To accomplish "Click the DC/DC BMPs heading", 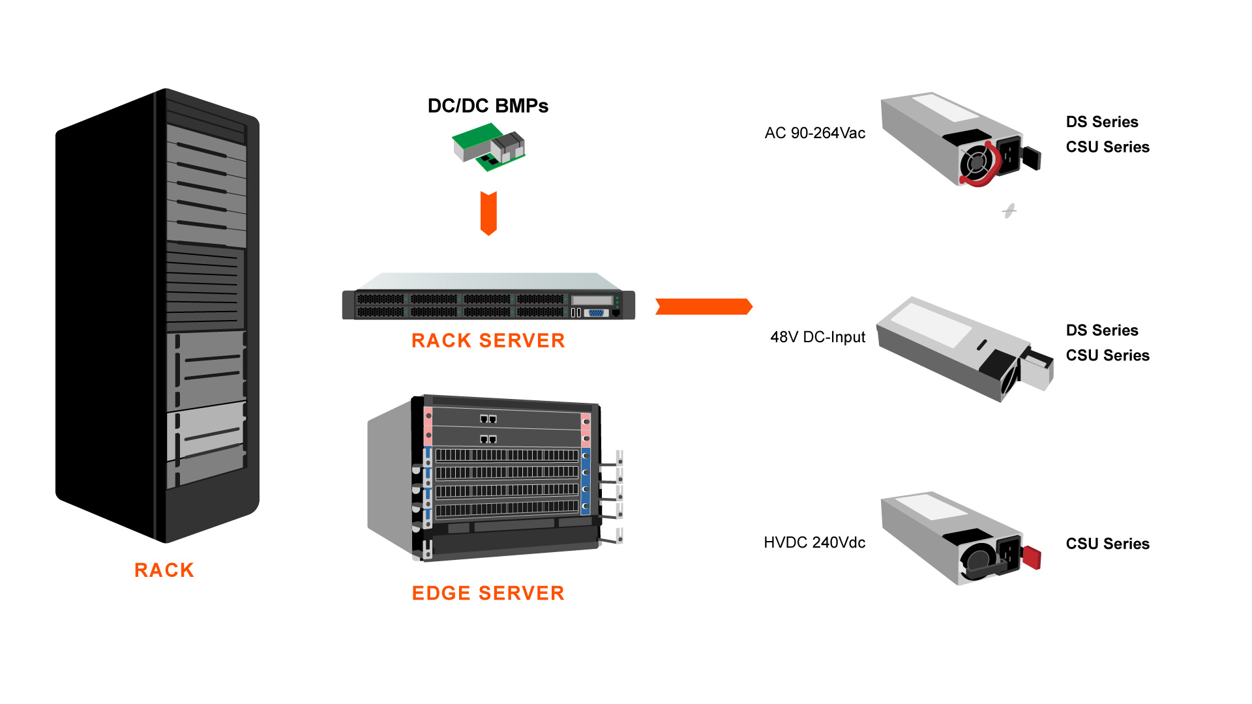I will (488, 106).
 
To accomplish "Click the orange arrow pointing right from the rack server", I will (704, 306).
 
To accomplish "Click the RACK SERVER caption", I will (488, 340).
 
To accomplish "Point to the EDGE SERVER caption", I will (488, 593).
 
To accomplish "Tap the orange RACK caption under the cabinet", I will (164, 570).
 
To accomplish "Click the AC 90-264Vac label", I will (814, 133).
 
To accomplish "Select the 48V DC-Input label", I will (817, 337).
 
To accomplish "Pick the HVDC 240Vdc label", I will (814, 542).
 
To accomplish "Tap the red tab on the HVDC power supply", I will (1032, 557).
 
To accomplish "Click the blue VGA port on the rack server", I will (596, 313).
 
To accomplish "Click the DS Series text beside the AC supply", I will (1101, 122).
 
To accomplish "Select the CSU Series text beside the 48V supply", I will (1107, 355).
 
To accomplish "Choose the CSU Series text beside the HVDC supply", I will (1107, 544).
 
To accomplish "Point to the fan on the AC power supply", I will (976, 163).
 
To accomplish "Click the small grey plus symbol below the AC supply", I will (1009, 211).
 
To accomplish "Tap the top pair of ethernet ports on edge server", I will (488, 418).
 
